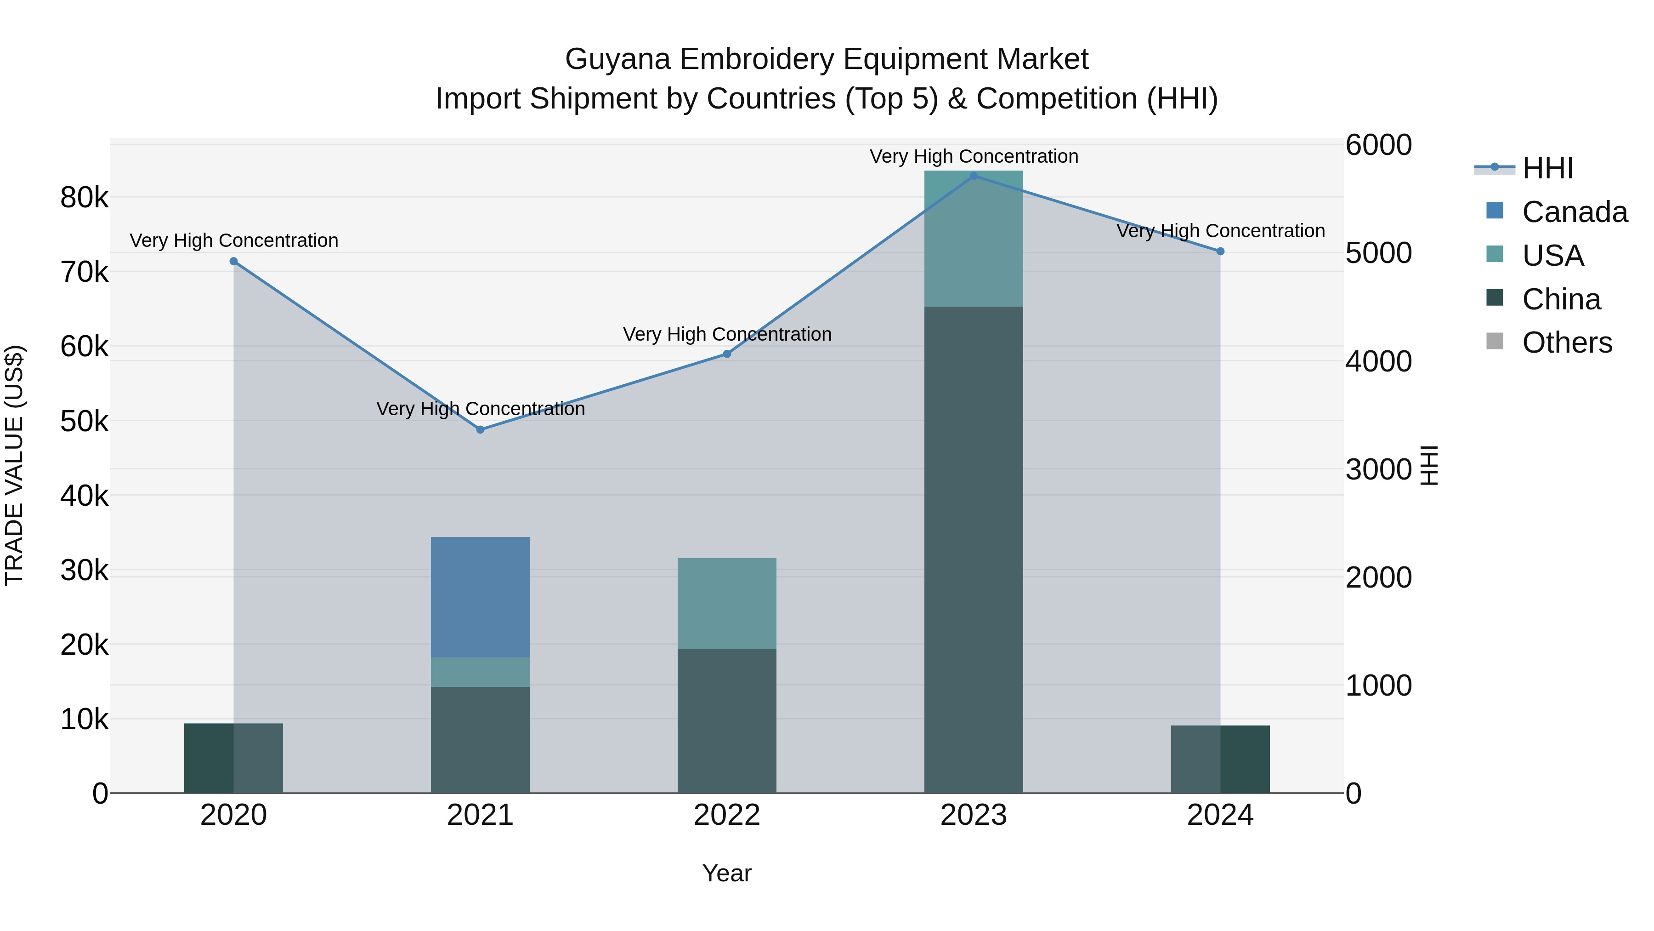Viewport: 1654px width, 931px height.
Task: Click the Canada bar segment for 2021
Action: point(480,597)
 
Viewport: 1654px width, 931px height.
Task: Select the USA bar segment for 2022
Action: point(726,603)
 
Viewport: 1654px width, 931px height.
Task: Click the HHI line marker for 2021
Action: point(480,430)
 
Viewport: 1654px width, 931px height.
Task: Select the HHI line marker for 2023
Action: point(974,176)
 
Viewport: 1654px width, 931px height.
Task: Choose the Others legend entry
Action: point(1567,343)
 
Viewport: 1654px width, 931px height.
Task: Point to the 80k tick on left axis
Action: point(84,198)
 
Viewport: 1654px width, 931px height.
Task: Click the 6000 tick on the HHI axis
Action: point(1378,145)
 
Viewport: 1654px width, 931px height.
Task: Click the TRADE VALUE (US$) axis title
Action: point(14,465)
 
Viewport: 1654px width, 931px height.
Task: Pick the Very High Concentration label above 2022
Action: point(727,335)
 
